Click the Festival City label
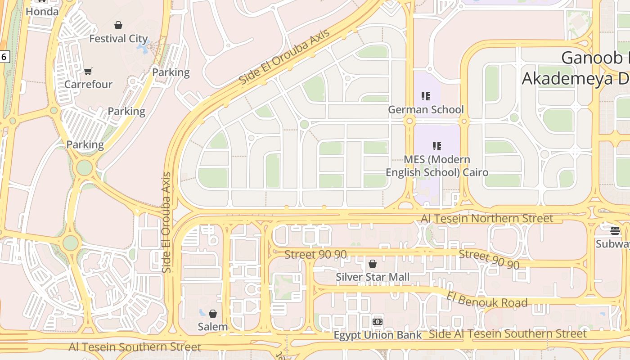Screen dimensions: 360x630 coord(118,39)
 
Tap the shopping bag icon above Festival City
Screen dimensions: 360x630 coord(118,25)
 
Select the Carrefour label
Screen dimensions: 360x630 coord(88,84)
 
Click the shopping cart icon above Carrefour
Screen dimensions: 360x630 coord(88,71)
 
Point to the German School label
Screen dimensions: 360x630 coord(426,109)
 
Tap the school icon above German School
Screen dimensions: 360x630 coord(426,96)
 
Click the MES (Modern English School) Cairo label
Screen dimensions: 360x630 coord(437,166)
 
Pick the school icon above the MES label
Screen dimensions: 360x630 coord(437,146)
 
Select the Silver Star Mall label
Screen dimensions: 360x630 coord(373,277)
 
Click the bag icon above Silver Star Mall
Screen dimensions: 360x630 coord(373,264)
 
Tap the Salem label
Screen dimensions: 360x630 coord(213,327)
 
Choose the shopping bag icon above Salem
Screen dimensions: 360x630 coord(213,313)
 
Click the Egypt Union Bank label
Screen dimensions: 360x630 coord(378,335)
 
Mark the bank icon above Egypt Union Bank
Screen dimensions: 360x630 coord(378,322)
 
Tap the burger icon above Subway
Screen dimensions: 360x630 coord(615,231)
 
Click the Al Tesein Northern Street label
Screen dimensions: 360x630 coord(487,218)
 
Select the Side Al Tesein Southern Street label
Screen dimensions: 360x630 coord(508,333)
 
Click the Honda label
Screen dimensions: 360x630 coord(42,12)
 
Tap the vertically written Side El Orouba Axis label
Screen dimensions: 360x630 coord(166,222)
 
